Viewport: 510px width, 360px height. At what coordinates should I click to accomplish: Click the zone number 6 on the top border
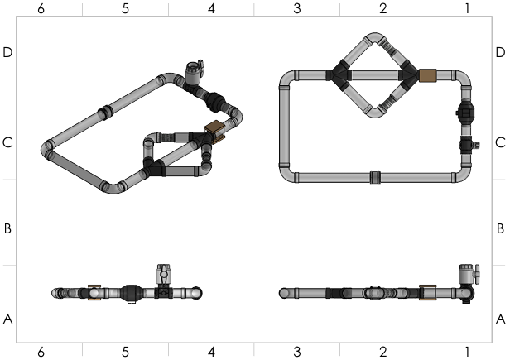point(40,8)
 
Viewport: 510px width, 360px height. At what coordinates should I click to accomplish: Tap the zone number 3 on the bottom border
point(297,352)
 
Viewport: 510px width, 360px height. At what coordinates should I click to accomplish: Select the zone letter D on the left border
point(7,52)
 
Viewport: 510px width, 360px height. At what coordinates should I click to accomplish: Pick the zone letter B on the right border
point(500,228)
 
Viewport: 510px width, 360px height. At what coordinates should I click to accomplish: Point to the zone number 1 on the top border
point(467,8)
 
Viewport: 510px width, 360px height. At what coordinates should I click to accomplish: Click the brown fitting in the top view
point(428,76)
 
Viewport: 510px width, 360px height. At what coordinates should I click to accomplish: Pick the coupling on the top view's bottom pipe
point(374,176)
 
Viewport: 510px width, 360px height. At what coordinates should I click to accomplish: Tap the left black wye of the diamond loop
point(339,75)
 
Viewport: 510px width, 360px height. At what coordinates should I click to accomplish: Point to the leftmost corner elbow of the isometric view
point(48,150)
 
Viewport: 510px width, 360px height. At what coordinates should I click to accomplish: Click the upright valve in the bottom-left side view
point(164,276)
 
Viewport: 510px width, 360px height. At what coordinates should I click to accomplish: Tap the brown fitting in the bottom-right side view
point(428,293)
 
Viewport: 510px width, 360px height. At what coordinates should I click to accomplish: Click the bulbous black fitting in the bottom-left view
point(132,293)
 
